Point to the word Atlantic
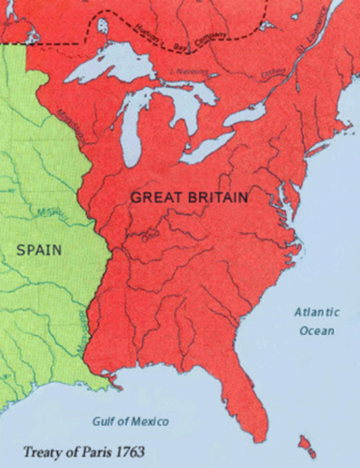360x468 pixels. click(x=316, y=311)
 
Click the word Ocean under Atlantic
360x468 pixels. click(x=315, y=329)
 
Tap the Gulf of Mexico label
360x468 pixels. click(x=137, y=419)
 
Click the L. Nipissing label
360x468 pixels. click(x=194, y=72)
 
